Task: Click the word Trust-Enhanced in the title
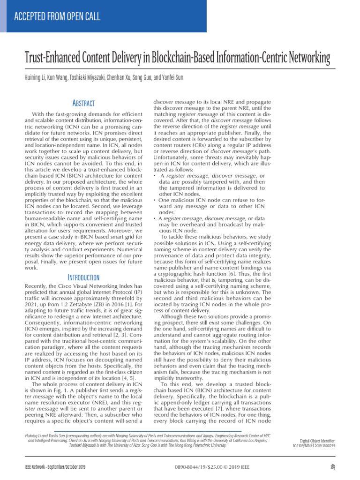(x=53, y=59)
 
